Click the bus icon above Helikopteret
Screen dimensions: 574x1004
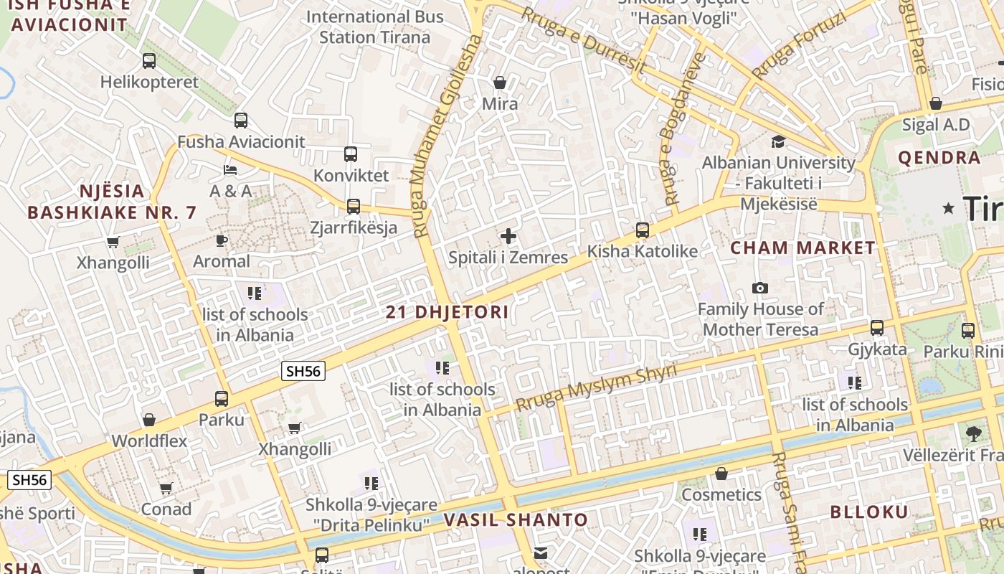[149, 61]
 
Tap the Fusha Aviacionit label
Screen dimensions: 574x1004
[241, 142]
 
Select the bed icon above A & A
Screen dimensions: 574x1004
[230, 170]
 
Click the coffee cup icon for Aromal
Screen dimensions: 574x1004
[222, 240]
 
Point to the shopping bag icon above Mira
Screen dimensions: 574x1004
[500, 83]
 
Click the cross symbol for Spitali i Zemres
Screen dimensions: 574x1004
[508, 236]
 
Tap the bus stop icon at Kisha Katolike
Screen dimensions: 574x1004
[643, 230]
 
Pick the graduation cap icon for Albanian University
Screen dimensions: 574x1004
[778, 141]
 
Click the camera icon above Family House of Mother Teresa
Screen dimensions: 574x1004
[760, 288]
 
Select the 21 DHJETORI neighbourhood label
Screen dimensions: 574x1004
[447, 312]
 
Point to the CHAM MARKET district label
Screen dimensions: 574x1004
[803, 248]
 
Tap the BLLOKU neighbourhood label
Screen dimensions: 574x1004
[869, 512]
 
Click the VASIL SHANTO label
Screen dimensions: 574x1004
[516, 520]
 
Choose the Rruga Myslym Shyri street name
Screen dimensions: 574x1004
[596, 388]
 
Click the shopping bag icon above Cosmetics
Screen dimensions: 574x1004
[721, 474]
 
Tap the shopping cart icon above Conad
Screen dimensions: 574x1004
[166, 489]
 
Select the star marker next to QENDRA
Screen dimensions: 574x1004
[949, 208]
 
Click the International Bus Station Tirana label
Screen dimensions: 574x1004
[375, 27]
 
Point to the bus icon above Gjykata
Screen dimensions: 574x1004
[877, 328]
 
